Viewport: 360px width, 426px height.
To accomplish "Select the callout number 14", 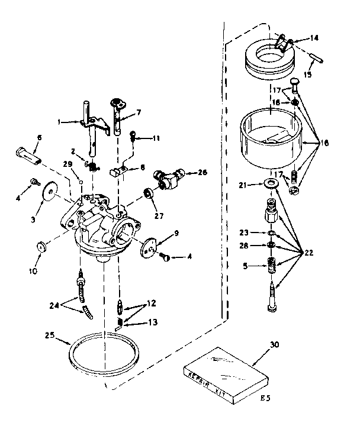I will click(314, 38).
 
